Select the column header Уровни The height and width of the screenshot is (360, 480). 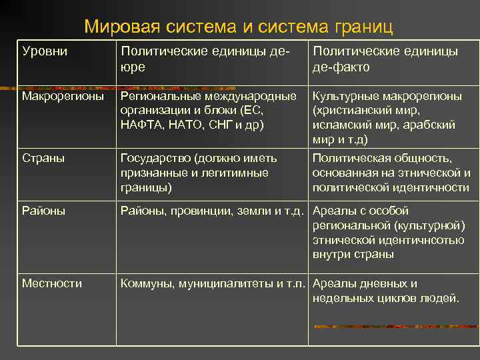click(45, 51)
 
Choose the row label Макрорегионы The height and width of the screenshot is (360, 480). click(63, 97)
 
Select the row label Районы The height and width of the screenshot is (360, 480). click(43, 211)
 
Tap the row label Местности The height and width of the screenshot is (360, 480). click(52, 283)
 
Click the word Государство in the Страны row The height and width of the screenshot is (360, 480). click(155, 159)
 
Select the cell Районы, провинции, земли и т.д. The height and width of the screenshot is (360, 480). click(212, 211)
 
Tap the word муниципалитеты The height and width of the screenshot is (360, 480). click(226, 283)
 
